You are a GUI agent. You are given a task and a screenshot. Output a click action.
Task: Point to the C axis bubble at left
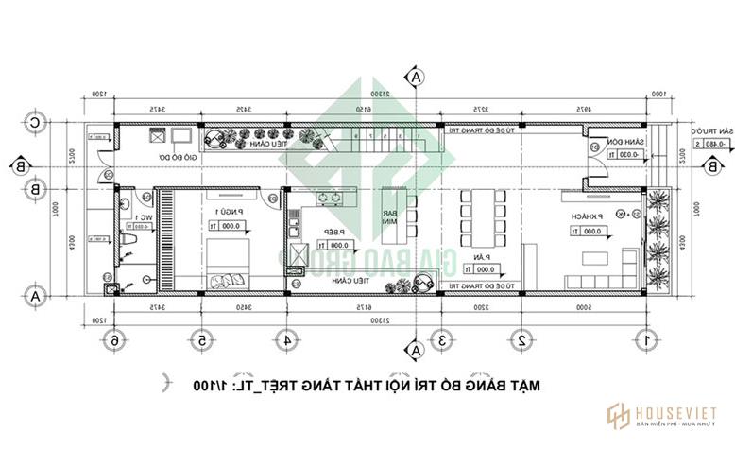tap(35, 122)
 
